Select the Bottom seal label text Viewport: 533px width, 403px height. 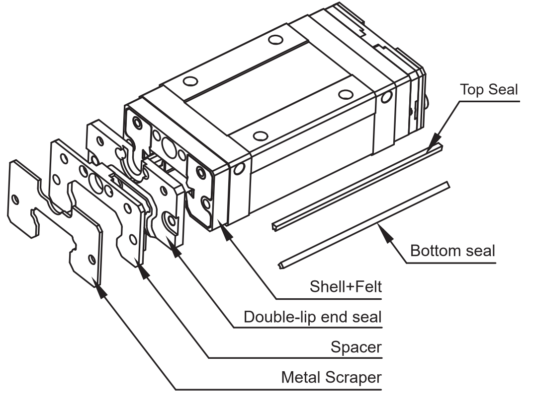coord(452,250)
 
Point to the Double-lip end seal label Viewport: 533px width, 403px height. coord(312,317)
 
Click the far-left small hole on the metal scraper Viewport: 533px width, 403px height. coord(15,200)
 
